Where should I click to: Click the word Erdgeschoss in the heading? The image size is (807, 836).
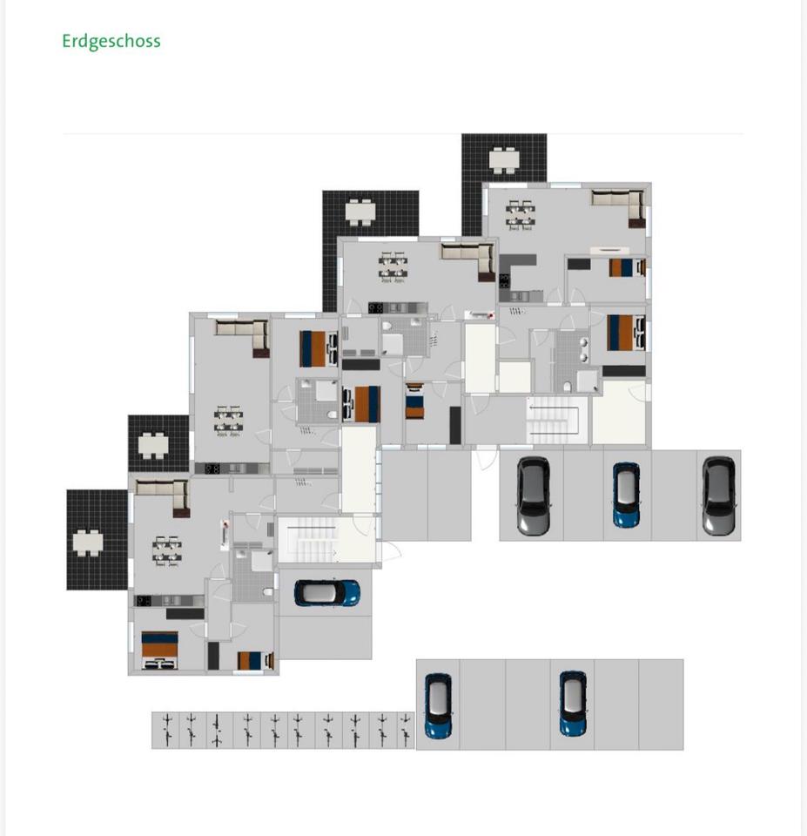(111, 41)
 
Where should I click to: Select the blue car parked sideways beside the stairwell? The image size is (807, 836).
(326, 593)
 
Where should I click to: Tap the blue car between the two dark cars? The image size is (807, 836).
(626, 495)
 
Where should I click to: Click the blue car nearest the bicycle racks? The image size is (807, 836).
(437, 705)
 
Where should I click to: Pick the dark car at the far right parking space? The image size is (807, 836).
(719, 495)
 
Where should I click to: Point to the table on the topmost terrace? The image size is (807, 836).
(503, 160)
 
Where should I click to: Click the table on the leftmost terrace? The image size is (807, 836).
(87, 543)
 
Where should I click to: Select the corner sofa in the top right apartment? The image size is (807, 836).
(620, 206)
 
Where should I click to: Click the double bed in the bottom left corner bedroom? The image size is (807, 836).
(159, 650)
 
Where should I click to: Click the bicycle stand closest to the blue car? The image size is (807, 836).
(406, 730)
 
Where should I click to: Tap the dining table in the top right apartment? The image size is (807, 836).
(521, 213)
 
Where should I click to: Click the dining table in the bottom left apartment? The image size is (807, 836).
(167, 550)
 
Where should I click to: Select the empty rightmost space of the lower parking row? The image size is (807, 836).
(661, 705)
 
